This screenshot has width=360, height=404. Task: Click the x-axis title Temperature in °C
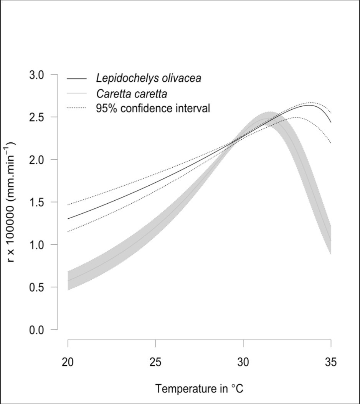[199, 388]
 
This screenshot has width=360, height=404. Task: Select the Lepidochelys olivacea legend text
[148, 79]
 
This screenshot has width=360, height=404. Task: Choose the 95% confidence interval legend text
[152, 108]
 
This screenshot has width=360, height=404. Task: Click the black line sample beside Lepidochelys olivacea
[78, 79]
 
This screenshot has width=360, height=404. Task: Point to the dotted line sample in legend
[78, 108]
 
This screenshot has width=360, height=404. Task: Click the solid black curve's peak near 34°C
[311, 105]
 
